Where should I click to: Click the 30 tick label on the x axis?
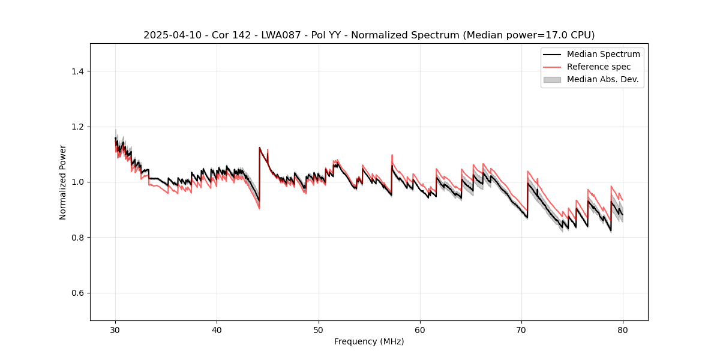pos(116,329)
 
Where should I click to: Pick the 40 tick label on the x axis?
pos(217,329)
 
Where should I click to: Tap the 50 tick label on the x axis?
pos(319,329)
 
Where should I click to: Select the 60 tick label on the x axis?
pos(420,329)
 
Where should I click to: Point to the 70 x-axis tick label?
pos(521,329)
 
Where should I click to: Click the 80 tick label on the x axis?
pos(623,329)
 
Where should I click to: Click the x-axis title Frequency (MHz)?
pos(369,341)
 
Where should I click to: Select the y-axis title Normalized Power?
pos(63,182)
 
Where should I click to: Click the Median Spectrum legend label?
pos(603,54)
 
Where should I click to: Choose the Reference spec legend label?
pos(599,67)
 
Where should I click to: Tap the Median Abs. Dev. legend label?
pos(602,79)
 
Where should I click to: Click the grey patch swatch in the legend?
pos(552,79)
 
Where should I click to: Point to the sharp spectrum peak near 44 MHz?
pos(259,148)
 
